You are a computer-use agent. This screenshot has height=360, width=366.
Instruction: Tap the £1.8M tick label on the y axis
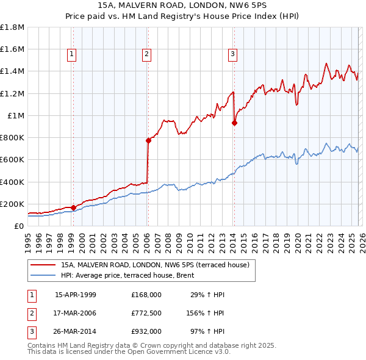point(12,27)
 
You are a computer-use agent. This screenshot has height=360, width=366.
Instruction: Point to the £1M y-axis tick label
point(15,115)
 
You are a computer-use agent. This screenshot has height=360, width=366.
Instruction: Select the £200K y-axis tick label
point(12,204)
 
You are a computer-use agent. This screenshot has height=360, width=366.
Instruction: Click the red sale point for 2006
point(148,140)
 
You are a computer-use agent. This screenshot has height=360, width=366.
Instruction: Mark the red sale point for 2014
point(235,123)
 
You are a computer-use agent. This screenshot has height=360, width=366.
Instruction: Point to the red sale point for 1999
point(74,207)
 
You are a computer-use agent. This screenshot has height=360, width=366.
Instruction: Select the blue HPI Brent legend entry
point(127,275)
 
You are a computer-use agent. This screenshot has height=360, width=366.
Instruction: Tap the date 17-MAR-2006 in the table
point(76,313)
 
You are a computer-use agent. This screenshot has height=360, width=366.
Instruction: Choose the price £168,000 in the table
point(146,295)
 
